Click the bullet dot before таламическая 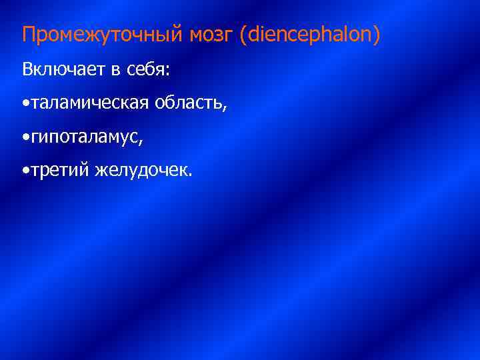(x=25, y=104)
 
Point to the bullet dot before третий (x=25, y=172)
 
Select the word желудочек (x=141, y=172)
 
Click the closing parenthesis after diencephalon (x=377, y=35)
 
